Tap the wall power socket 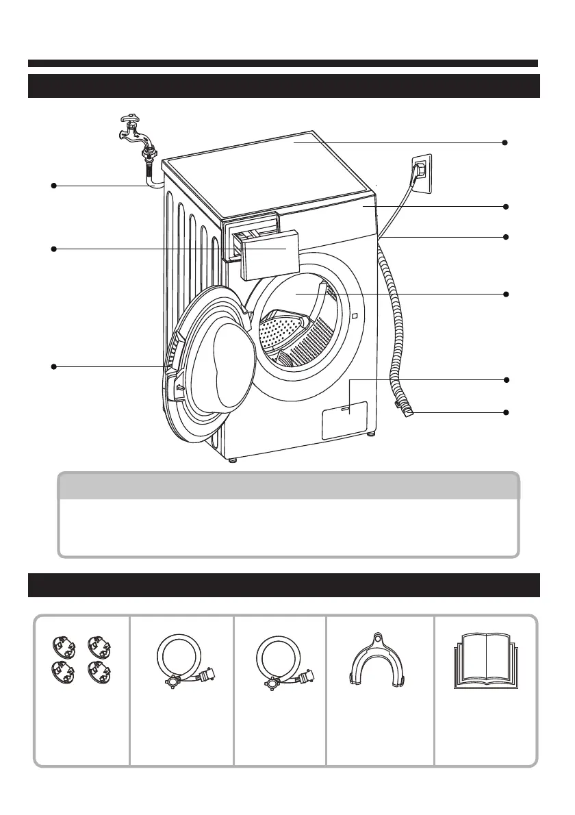[421, 171]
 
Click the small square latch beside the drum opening [354, 316]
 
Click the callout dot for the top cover [505, 142]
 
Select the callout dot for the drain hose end [505, 412]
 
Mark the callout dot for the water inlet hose [53, 185]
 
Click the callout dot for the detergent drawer [53, 249]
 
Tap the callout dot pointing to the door [53, 367]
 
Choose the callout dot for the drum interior [505, 294]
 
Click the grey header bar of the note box [287, 486]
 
